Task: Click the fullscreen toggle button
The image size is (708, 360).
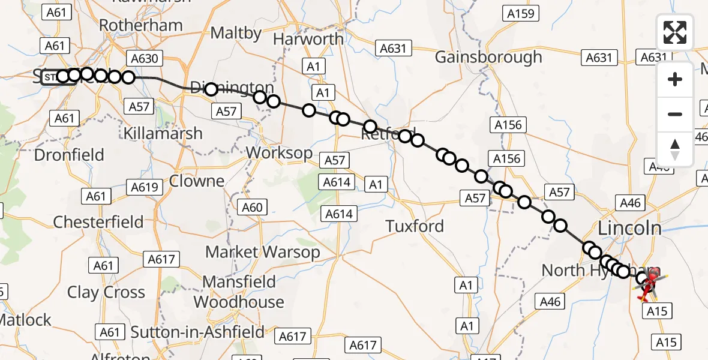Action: point(675,32)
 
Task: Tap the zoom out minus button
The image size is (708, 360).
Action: point(675,114)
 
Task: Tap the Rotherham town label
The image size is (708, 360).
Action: point(140,25)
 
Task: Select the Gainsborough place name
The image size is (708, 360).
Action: point(488,58)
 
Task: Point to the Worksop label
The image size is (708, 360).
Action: point(279,152)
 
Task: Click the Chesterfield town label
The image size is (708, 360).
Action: point(98,222)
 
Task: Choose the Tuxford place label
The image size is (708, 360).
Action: point(415,226)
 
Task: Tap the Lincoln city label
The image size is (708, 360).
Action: point(629,228)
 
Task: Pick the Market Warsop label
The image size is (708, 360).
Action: point(263,252)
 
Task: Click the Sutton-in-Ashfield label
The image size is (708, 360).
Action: point(197,332)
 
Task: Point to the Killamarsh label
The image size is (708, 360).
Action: point(163,133)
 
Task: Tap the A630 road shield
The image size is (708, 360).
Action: point(144,58)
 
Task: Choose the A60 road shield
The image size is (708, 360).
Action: point(253,208)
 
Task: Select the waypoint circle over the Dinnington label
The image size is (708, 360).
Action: point(211,90)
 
